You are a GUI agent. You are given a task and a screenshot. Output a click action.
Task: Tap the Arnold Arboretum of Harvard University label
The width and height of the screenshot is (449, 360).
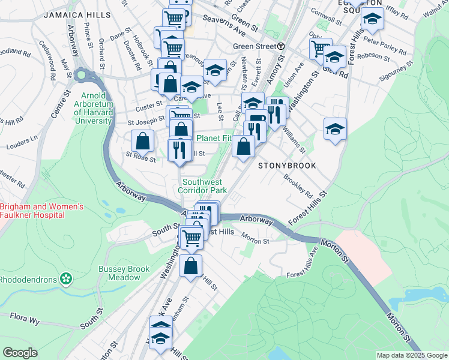click(85, 108)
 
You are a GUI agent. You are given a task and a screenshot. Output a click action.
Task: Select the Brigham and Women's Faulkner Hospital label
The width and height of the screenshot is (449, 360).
click(40, 211)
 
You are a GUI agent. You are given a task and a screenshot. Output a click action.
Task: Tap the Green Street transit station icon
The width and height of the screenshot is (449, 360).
click(281, 46)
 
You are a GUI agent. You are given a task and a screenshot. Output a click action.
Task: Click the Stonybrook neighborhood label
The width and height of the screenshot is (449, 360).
click(283, 164)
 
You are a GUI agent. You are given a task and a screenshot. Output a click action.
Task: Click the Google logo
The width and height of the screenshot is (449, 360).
click(20, 353)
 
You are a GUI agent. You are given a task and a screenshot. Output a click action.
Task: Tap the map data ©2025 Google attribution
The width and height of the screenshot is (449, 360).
click(411, 355)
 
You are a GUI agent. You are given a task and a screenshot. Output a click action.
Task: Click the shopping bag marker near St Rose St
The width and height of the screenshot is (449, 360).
click(143, 142)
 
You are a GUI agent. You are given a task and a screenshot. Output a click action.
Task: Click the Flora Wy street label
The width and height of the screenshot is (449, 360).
click(25, 320)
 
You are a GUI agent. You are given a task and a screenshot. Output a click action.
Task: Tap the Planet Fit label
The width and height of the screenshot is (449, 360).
click(213, 137)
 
